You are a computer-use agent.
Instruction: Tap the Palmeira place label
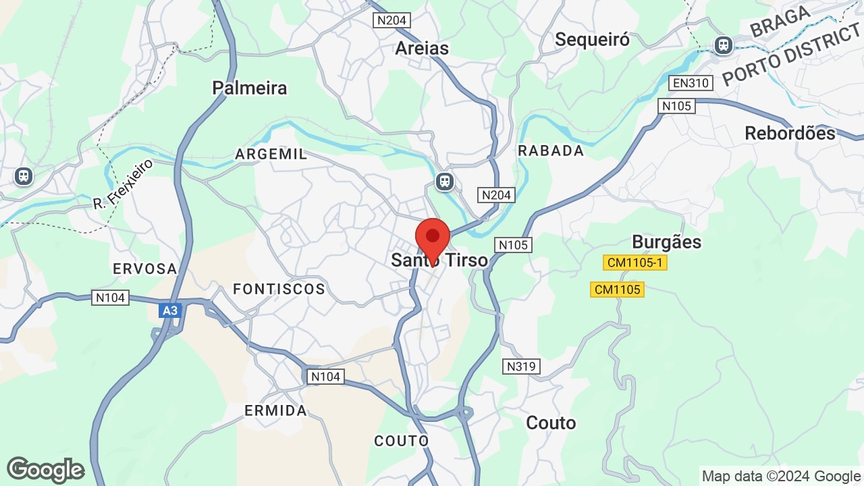coord(249,88)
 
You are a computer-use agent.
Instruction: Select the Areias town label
coord(422,48)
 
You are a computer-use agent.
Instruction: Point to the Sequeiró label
coord(592,40)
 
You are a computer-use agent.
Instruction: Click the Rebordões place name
coord(790,133)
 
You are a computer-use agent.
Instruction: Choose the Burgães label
coord(666,242)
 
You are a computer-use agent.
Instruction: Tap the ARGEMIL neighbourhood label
coord(271,154)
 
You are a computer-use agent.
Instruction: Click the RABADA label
coord(551,151)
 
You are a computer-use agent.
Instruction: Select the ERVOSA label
coord(145,269)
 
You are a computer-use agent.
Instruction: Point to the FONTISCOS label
coord(279,289)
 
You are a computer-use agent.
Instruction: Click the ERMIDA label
coord(275,410)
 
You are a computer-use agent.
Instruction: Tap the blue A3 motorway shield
coord(170,310)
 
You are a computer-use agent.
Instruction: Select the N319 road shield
coord(522,367)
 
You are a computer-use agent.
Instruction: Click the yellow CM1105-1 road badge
coord(634,263)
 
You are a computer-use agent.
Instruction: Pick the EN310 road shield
coord(691,83)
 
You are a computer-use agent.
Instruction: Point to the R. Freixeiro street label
coord(124,184)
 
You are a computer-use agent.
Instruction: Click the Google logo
coord(46,470)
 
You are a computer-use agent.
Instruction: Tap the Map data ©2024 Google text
coord(781,476)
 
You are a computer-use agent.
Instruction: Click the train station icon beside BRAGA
coord(724,45)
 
